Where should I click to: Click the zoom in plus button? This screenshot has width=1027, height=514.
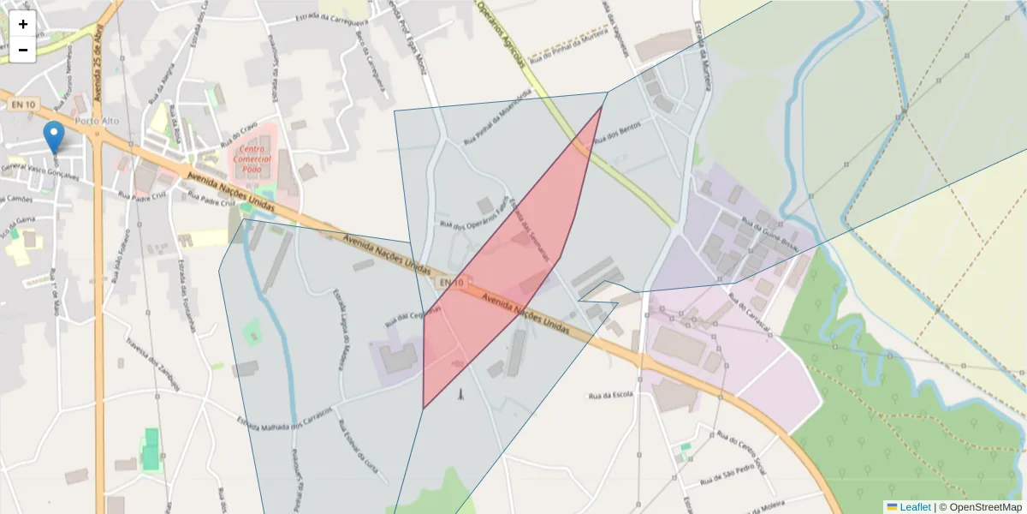[23, 24]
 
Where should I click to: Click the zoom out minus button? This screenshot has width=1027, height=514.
[23, 50]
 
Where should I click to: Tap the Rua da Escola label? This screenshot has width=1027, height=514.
[610, 396]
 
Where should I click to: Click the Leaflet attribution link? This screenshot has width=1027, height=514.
[914, 507]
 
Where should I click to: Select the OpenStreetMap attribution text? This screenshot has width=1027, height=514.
[985, 507]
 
